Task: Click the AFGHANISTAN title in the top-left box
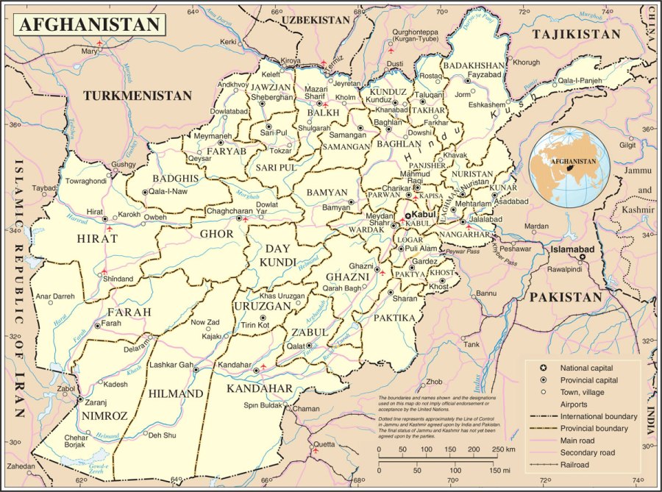[x=88, y=24]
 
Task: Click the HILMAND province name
[x=176, y=394]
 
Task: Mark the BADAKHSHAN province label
[x=474, y=65]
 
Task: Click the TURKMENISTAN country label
[x=138, y=96]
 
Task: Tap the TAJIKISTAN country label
[x=577, y=35]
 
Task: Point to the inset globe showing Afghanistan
[x=569, y=167]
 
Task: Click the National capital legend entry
[x=586, y=368]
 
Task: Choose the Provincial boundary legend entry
[x=593, y=428]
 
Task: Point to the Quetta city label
[x=324, y=444]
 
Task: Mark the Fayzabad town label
[x=484, y=75]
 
